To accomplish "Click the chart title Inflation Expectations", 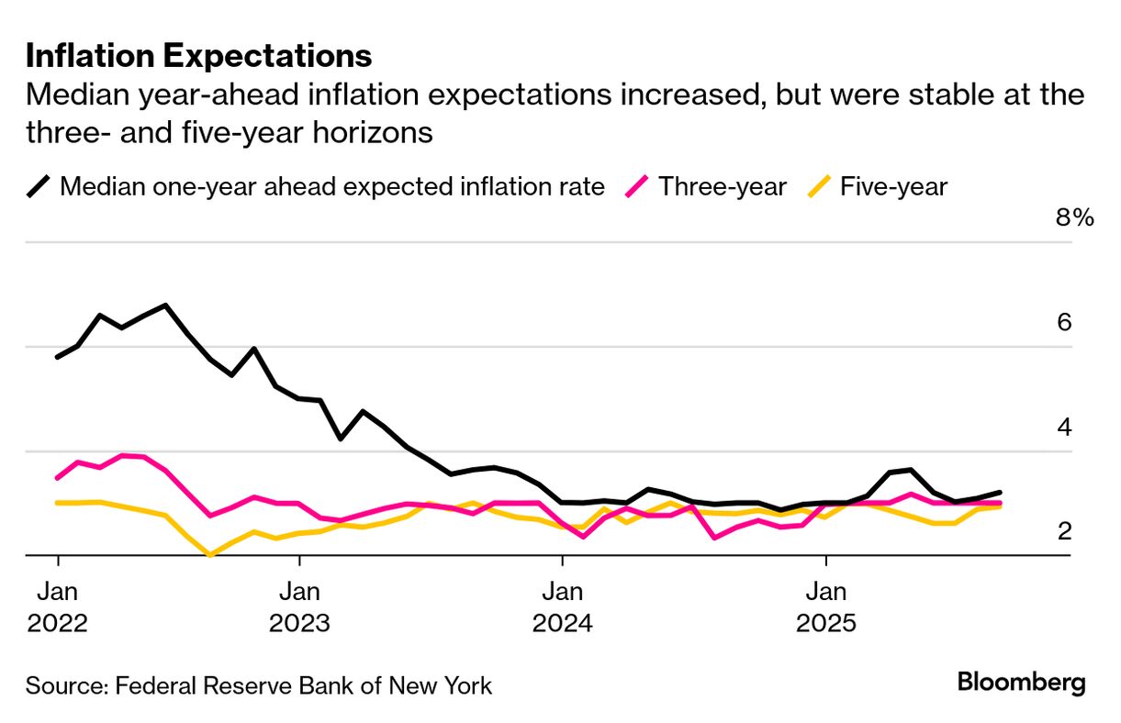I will point(198,56).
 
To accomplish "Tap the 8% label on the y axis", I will point(1075,218).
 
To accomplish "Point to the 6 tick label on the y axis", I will point(1064,322).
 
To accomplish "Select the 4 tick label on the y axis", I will point(1064,427).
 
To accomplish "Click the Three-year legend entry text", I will point(723,187).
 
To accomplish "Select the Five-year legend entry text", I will point(892,187).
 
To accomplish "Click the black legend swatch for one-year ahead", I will point(39,187).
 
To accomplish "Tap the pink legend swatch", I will point(637,187).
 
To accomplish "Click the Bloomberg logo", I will point(1021,683).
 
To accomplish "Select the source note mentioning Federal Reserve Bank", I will point(259,685).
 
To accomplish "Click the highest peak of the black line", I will point(165,305).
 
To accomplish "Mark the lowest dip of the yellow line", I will point(211,555).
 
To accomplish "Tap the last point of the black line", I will point(999,493).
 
